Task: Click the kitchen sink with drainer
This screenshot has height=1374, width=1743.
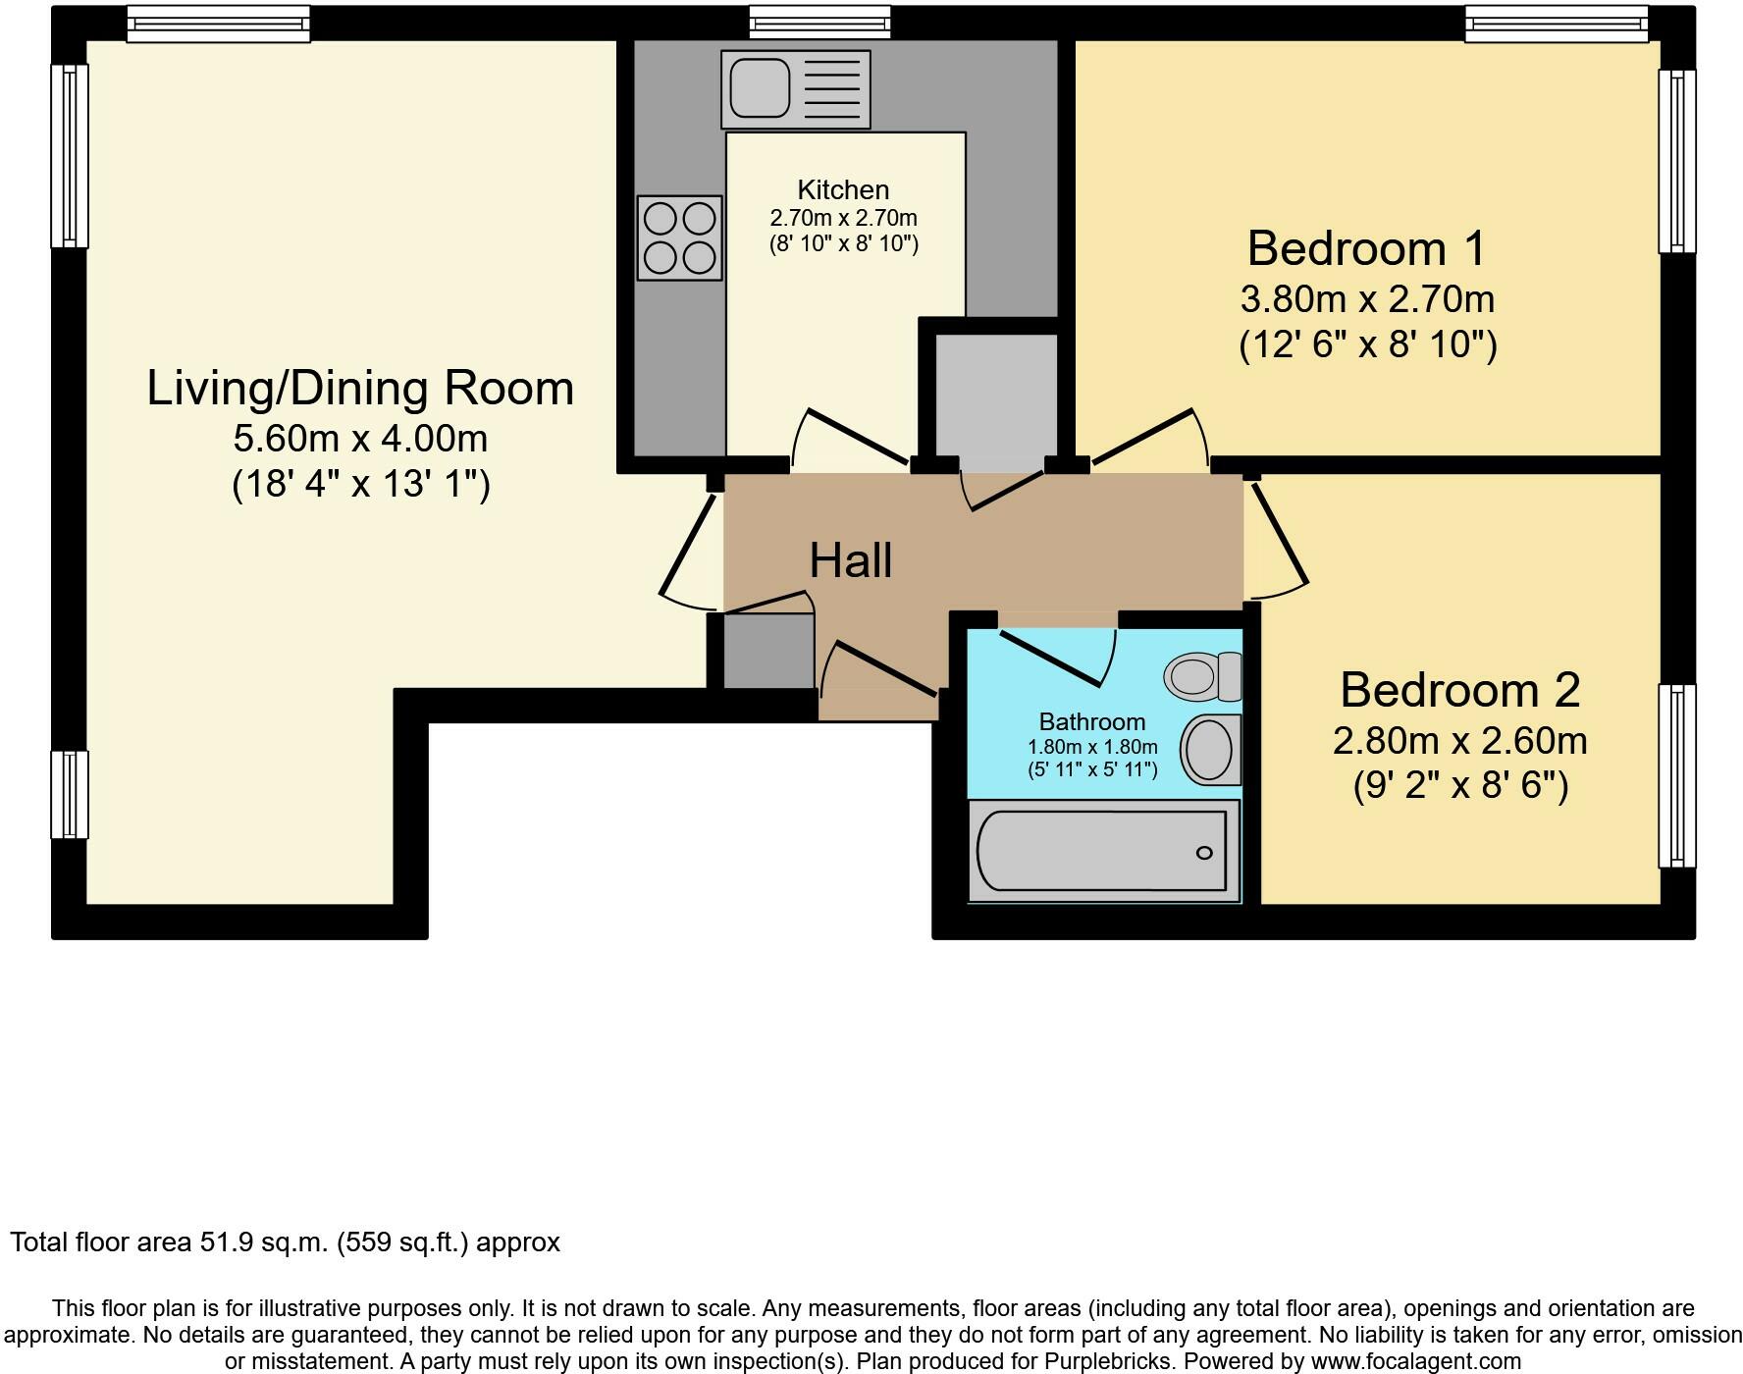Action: tap(796, 89)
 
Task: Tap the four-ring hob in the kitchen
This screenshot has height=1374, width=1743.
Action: tap(680, 238)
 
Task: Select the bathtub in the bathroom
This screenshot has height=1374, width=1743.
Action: tap(1104, 851)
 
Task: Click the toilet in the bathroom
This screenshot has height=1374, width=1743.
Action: tap(1203, 676)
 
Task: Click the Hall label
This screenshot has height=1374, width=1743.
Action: tap(851, 560)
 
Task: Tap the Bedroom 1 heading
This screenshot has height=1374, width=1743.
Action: tap(1367, 248)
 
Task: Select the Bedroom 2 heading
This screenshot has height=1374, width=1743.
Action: tap(1460, 690)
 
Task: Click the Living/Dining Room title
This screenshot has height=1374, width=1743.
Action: tap(360, 388)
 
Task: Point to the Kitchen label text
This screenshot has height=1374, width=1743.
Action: tap(843, 189)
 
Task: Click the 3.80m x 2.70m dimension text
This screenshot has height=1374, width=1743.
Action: tap(1367, 298)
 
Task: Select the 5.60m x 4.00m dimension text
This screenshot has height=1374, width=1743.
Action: tap(360, 438)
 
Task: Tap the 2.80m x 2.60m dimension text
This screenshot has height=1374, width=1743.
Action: tap(1460, 740)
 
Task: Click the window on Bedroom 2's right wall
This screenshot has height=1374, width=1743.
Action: tap(1677, 775)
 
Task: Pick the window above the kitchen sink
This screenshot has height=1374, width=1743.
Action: tap(820, 23)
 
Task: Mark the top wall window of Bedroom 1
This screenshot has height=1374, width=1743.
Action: tap(1557, 24)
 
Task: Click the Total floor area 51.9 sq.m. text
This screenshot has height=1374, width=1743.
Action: tap(286, 1242)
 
